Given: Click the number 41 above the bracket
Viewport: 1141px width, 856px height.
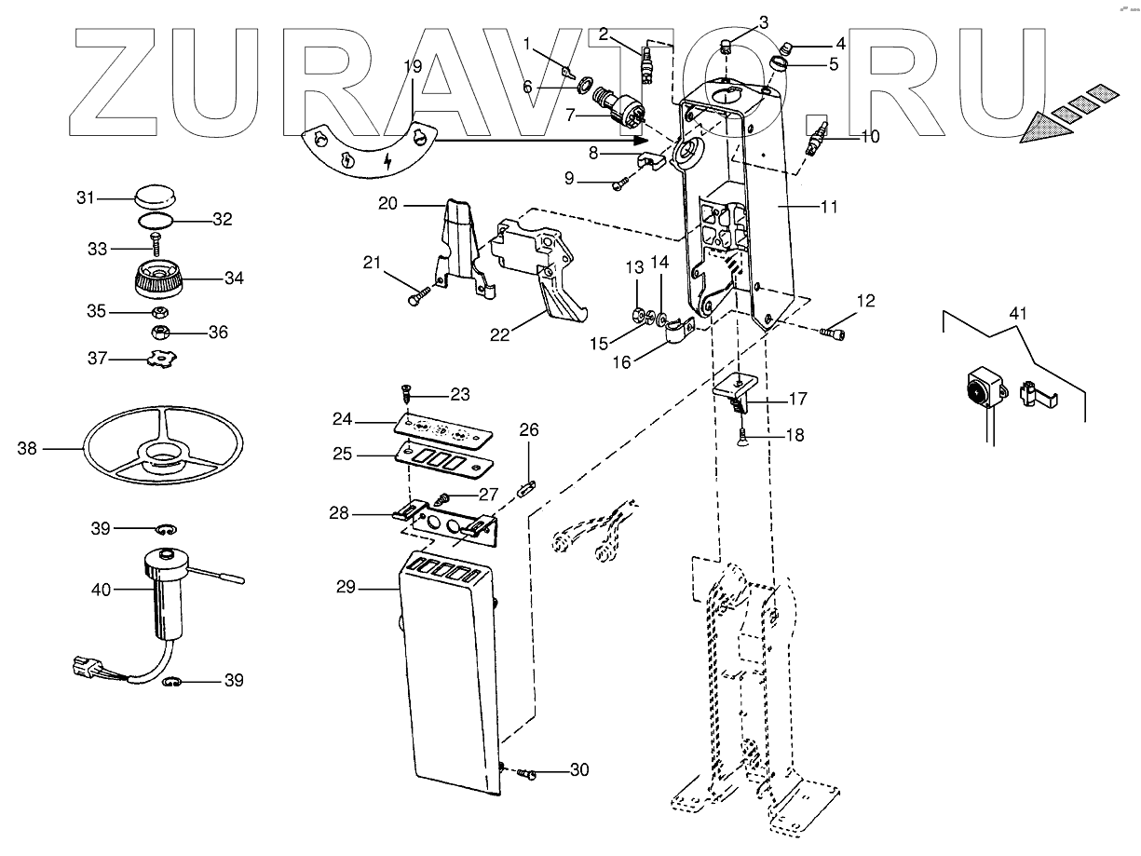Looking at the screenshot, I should pos(1018,314).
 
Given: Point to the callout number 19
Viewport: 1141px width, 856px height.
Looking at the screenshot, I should pos(413,66).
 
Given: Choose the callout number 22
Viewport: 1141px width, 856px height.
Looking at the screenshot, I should pos(500,334).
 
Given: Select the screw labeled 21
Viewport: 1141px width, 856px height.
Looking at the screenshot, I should pos(416,298).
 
